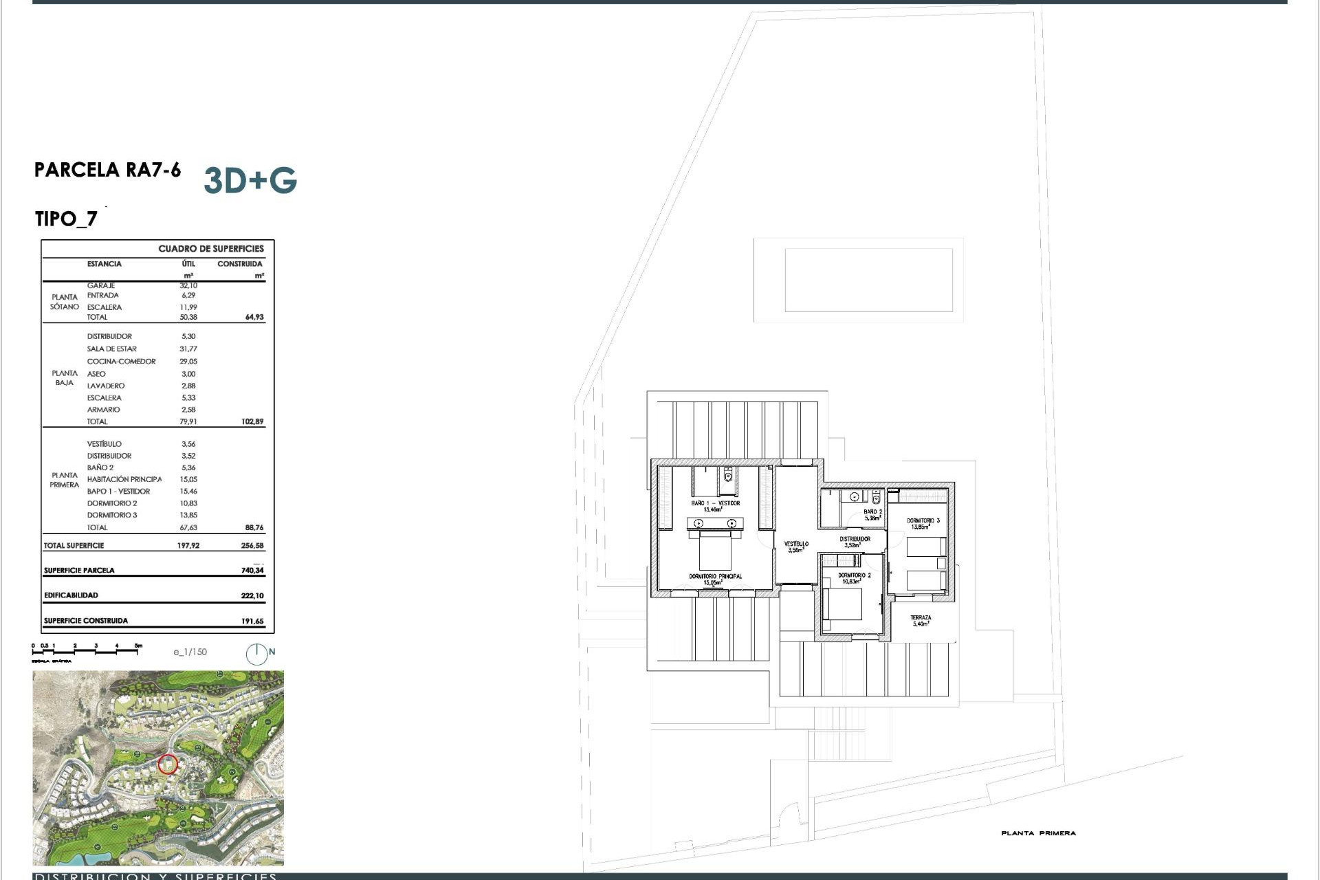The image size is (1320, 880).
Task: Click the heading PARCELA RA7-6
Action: click(108, 170)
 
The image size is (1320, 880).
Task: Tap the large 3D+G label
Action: click(250, 180)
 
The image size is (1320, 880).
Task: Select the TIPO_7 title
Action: click(66, 219)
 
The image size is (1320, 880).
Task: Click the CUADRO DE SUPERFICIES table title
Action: click(211, 249)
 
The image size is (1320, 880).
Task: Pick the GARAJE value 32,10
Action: click(188, 285)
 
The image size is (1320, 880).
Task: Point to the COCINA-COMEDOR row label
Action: click(121, 362)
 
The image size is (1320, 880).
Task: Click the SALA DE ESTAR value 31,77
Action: click(188, 349)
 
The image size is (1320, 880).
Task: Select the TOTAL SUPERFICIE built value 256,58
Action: click(252, 546)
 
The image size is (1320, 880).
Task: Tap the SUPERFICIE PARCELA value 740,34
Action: click(252, 571)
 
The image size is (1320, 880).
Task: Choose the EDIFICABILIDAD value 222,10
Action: click(252, 596)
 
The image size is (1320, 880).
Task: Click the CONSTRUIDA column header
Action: click(240, 264)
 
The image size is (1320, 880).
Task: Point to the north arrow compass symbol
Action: click(257, 654)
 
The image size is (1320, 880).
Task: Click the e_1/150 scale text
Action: click(190, 652)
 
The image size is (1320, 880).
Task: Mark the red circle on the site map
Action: click(168, 764)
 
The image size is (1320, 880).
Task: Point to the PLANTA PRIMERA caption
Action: click(1038, 833)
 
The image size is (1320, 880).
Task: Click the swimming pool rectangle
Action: click(868, 280)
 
